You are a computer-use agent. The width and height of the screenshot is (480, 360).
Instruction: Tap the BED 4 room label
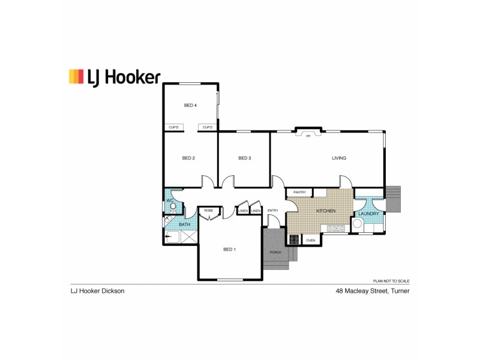(190, 106)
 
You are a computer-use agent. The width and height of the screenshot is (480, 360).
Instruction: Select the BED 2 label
(188, 158)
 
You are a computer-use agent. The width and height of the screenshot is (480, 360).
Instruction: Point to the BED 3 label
(244, 158)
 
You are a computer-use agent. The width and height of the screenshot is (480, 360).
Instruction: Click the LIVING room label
(339, 158)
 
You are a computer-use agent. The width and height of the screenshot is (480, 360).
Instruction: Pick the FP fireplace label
(308, 137)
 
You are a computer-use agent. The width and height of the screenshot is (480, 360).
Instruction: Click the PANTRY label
(299, 193)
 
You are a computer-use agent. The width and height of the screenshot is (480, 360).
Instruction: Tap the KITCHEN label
(326, 211)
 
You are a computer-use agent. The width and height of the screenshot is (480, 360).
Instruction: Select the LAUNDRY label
(368, 214)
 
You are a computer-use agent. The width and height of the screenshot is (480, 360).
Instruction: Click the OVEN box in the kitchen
(310, 240)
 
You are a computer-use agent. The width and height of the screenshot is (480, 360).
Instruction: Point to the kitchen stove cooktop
(294, 239)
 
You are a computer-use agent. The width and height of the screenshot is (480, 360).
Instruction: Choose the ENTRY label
(273, 211)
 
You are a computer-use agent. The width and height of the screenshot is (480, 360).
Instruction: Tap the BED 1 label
(229, 250)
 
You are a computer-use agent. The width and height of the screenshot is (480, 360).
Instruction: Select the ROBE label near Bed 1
(209, 211)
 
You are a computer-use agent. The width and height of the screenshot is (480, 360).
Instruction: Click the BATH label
(184, 225)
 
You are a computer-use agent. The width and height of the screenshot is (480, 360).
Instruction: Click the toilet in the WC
(173, 208)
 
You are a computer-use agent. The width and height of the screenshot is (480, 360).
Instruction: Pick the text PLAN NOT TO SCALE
(391, 281)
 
